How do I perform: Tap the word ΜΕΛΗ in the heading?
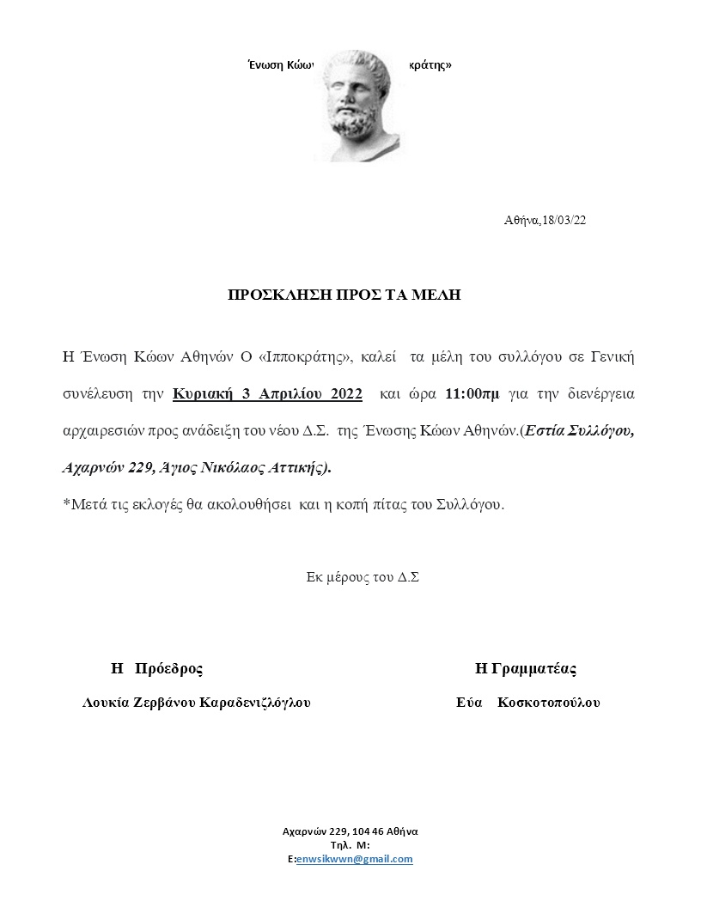tap(441, 295)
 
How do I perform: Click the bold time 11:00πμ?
tap(472, 394)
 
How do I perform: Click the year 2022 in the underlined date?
tap(345, 394)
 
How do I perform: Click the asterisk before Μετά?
tap(66, 504)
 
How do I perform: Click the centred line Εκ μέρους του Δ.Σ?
tap(363, 577)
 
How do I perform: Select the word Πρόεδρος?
tap(170, 668)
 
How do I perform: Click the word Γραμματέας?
tap(538, 668)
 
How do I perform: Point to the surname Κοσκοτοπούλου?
tap(548, 703)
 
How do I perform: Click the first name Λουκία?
tap(106, 703)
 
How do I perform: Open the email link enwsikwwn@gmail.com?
tap(354, 859)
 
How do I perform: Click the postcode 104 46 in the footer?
tap(370, 831)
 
